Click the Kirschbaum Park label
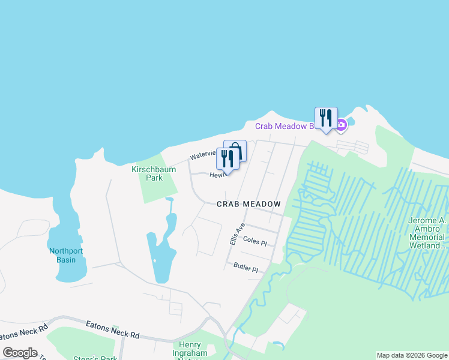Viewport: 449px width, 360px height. tap(154, 173)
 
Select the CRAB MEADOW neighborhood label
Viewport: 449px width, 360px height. tap(249, 204)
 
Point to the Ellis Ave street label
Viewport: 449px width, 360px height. tap(238, 233)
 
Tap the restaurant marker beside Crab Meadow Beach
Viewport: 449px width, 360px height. tap(326, 118)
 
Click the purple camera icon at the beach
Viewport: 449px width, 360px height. tap(341, 125)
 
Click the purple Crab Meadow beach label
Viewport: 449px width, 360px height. tap(285, 126)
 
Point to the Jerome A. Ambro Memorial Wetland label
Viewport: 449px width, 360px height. tap(427, 233)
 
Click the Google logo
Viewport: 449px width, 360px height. tap(20, 353)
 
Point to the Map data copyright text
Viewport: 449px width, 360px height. tap(412, 355)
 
